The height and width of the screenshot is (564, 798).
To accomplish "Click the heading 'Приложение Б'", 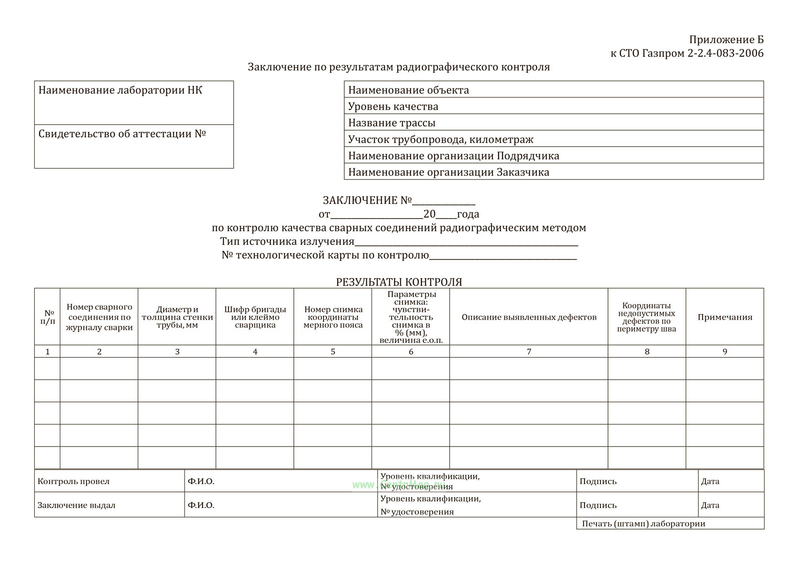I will point(726,39).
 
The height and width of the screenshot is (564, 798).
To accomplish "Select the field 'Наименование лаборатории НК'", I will point(134,102).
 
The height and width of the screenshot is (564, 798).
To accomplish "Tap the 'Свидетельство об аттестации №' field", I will point(134,146).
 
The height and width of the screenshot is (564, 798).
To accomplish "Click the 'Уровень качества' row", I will point(553,106).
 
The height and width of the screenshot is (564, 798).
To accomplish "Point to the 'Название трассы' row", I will point(553,123).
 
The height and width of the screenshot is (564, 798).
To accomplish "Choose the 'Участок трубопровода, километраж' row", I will point(553,139).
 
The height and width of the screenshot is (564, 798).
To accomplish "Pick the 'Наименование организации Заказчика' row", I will point(553,172).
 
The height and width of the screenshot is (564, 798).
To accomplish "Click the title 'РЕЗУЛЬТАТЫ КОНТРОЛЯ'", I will point(399,282).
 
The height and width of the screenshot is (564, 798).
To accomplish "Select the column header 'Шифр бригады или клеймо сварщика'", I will point(255,317).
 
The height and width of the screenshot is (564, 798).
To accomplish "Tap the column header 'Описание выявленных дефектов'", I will point(529,317).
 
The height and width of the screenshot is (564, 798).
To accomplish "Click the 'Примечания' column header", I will point(725,317).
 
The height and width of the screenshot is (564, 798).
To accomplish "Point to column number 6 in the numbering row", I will point(411,352).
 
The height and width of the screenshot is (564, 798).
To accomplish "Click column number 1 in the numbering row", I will point(47,352).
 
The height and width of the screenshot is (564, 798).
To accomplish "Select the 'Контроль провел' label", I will point(73,481).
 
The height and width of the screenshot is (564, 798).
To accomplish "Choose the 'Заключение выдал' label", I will point(76,505).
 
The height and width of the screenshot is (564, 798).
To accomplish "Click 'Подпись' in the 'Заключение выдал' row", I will point(598,505).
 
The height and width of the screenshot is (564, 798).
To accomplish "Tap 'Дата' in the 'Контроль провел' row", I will point(710,481).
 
